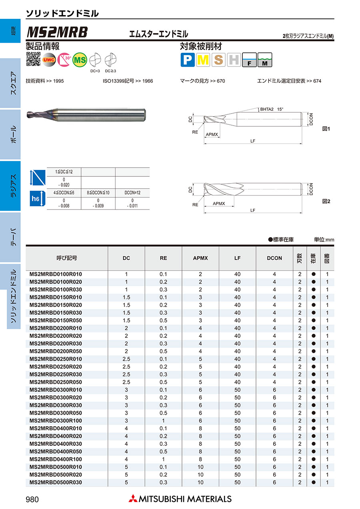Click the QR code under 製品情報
coord(33,59)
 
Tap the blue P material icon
coord(188,60)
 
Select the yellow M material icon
coord(203,60)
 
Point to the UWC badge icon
coord(49,59)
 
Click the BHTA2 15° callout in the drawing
coord(271,109)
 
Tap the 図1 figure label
coord(326,129)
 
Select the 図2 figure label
coord(326,202)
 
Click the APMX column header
coord(200,258)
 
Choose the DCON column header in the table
coord(274,258)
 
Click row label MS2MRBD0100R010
coord(56,274)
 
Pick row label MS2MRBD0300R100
coord(56,421)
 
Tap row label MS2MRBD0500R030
coord(56,483)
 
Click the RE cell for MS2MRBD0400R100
coord(163,459)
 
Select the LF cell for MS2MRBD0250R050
coord(238,382)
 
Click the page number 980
coord(32,499)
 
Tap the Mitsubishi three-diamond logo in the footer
coord(133,499)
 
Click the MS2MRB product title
coord(57,32)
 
